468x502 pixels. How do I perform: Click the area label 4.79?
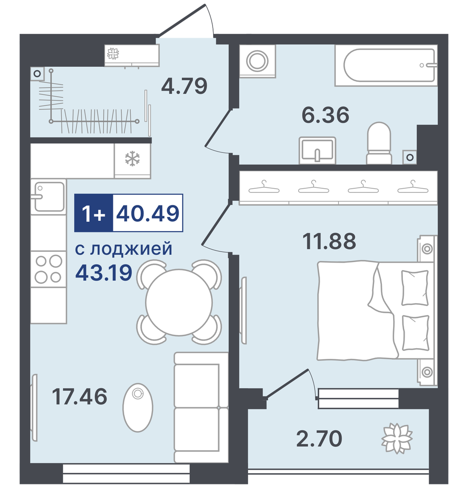click(184, 86)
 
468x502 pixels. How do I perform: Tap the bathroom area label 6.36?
click(325, 115)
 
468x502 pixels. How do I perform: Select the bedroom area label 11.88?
click(329, 241)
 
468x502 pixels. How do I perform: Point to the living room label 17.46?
click(80, 396)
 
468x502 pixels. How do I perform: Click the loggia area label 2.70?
click(319, 439)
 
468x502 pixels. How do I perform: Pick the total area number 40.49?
click(147, 213)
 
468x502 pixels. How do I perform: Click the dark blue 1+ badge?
click(94, 213)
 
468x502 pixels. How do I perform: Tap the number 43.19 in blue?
click(104, 272)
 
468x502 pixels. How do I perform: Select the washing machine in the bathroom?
click(258, 61)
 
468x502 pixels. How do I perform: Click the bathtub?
click(386, 66)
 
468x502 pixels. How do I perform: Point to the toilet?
click(379, 143)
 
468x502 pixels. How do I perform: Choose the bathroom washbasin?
click(317, 151)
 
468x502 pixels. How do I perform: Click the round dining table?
click(179, 302)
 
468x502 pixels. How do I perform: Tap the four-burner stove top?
click(49, 269)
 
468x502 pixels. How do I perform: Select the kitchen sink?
click(49, 197)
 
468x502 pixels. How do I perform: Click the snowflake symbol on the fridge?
click(132, 159)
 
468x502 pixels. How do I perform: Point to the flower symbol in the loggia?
click(397, 438)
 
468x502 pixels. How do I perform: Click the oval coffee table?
click(138, 407)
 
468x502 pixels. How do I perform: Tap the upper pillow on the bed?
click(415, 288)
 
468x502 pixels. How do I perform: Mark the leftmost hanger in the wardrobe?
click(264, 187)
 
